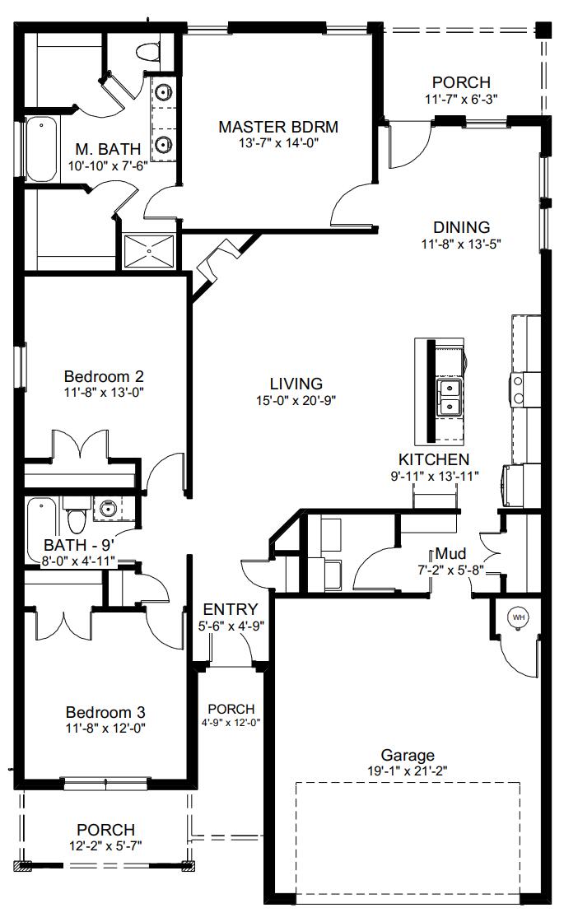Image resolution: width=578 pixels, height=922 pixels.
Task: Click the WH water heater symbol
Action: (518, 617)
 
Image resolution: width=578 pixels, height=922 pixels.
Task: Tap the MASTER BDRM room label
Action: (278, 127)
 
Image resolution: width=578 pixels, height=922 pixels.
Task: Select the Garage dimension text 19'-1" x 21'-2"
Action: (408, 771)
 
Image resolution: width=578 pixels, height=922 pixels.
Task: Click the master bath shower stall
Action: (149, 250)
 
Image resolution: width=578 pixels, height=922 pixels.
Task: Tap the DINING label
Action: (461, 227)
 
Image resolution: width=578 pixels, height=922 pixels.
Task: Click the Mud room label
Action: (450, 553)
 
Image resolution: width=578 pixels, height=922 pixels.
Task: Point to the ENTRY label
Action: (231, 609)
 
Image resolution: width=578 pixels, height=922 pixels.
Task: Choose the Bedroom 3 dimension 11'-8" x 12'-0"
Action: (105, 728)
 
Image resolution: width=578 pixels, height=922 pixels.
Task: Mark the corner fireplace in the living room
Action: (216, 265)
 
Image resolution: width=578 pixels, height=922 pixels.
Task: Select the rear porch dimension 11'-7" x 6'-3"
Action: (461, 99)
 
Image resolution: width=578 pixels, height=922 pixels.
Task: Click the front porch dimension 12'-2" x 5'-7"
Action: (105, 846)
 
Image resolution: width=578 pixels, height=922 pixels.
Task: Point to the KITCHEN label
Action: (434, 459)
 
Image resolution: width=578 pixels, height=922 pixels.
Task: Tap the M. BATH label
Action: (108, 149)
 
